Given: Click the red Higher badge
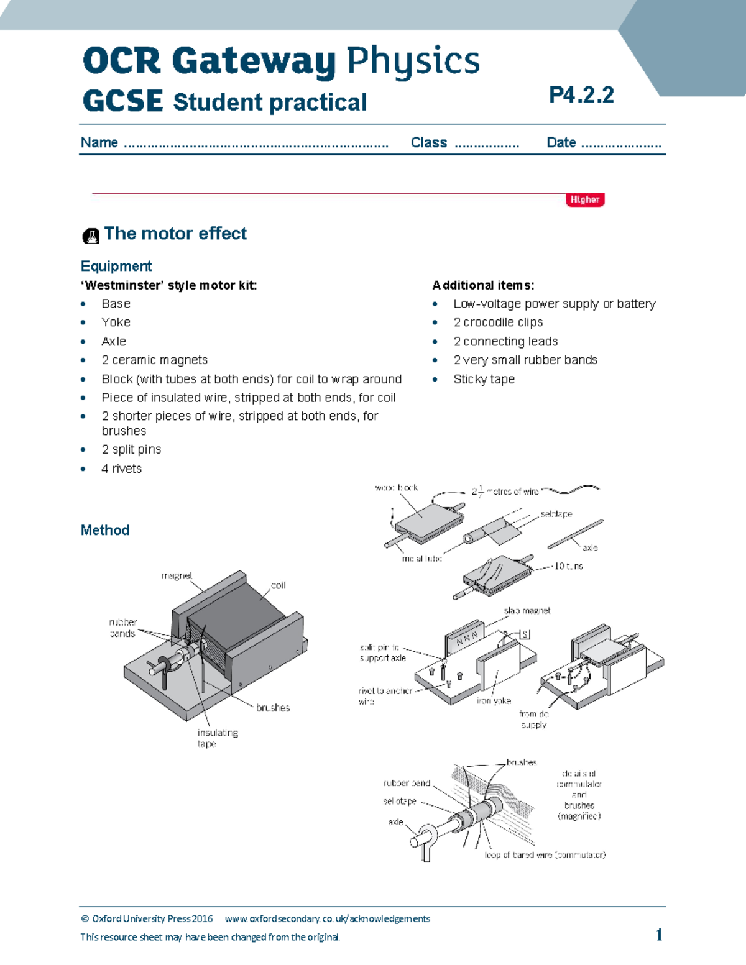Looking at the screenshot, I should pyautogui.click(x=584, y=199).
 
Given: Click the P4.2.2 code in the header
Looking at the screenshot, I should pyautogui.click(x=581, y=95).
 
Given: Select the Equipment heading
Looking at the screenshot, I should pyautogui.click(x=116, y=266).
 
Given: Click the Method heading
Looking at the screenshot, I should pyautogui.click(x=105, y=530).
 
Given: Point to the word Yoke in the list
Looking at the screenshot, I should pyautogui.click(x=116, y=322).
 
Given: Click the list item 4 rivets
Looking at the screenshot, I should pyautogui.click(x=121, y=469).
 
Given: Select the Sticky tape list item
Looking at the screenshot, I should pyautogui.click(x=484, y=379).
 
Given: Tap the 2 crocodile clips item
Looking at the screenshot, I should pyautogui.click(x=498, y=322).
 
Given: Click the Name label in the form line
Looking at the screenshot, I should pyautogui.click(x=99, y=142).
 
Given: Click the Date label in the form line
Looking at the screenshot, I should pyautogui.click(x=561, y=142).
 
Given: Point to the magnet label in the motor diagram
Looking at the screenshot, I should pyautogui.click(x=177, y=576).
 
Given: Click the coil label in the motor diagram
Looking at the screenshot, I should pyautogui.click(x=278, y=585).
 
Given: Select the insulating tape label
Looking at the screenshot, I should pyautogui.click(x=217, y=738).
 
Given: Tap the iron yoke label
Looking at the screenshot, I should pyautogui.click(x=494, y=700).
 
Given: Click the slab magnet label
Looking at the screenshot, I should pyautogui.click(x=527, y=611).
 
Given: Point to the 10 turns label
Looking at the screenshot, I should pyautogui.click(x=568, y=566).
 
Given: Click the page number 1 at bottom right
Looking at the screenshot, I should pyautogui.click(x=659, y=935).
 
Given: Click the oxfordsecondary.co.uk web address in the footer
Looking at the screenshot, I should pyautogui.click(x=327, y=918).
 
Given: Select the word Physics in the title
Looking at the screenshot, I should pyautogui.click(x=413, y=61).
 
